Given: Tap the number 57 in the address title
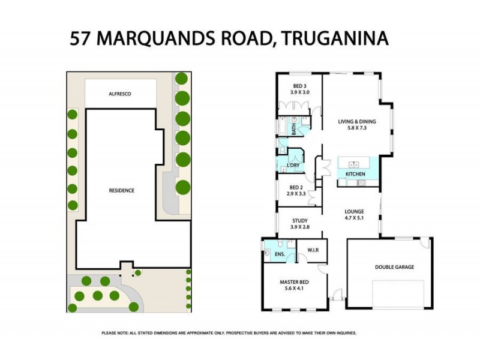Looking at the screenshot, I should (x=82, y=39).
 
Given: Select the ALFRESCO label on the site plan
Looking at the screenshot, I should (x=119, y=94).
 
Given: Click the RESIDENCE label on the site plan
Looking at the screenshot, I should (x=121, y=190).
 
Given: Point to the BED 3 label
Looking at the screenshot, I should (x=298, y=86).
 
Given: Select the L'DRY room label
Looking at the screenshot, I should (x=293, y=165).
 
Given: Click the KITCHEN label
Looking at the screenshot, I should (x=355, y=174).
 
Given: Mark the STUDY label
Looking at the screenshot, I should (x=299, y=220).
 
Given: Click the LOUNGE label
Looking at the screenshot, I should (x=354, y=212).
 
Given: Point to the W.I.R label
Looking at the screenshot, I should (x=312, y=250).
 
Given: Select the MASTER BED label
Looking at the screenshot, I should (x=294, y=281).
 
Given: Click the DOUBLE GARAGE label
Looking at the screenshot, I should (x=394, y=267).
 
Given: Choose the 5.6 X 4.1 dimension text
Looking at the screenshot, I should (x=294, y=289).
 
